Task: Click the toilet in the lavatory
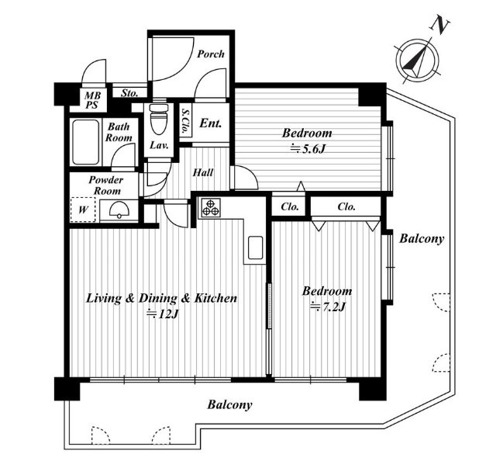159,119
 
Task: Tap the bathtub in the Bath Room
86,142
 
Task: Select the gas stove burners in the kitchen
211,208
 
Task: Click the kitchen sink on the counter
255,248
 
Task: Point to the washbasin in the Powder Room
119,210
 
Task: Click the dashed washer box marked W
83,210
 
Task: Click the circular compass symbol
417,61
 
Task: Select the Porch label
211,54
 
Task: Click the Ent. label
211,123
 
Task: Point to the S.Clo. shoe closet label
184,121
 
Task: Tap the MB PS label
92,100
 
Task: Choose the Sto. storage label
129,93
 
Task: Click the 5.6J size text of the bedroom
307,149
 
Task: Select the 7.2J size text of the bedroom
328,307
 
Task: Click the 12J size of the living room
162,314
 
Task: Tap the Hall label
203,173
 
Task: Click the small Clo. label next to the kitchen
290,207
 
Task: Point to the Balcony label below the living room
229,404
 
